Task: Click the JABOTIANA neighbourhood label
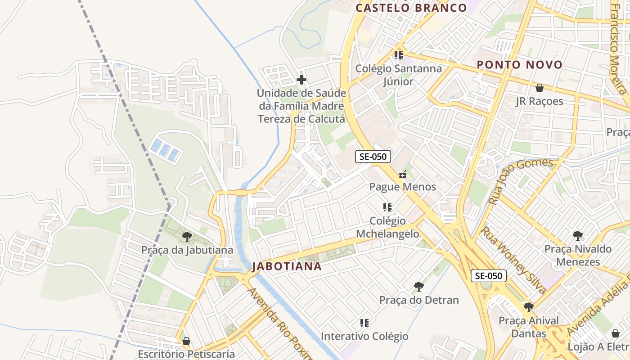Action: tap(287, 266)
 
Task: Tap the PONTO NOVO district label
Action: tap(520, 65)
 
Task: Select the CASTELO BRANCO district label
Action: tap(411, 8)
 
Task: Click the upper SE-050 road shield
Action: tap(373, 157)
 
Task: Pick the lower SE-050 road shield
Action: tap(489, 276)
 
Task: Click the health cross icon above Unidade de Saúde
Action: tap(301, 80)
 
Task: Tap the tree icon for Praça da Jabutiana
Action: tap(187, 237)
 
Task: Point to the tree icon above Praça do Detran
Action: tap(418, 287)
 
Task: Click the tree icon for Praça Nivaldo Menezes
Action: tap(578, 236)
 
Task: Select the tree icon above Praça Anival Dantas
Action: tap(529, 307)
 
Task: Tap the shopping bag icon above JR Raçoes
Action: tap(539, 88)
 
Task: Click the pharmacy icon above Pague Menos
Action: tap(403, 174)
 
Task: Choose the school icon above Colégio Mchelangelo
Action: tap(387, 207)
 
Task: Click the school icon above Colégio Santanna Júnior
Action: tap(398, 55)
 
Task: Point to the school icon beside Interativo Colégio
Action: tap(364, 323)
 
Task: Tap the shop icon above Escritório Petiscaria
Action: tap(186, 341)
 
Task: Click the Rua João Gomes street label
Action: tap(521, 181)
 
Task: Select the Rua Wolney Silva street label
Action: tap(514, 260)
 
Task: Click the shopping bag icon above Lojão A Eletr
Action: tap(616, 333)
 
